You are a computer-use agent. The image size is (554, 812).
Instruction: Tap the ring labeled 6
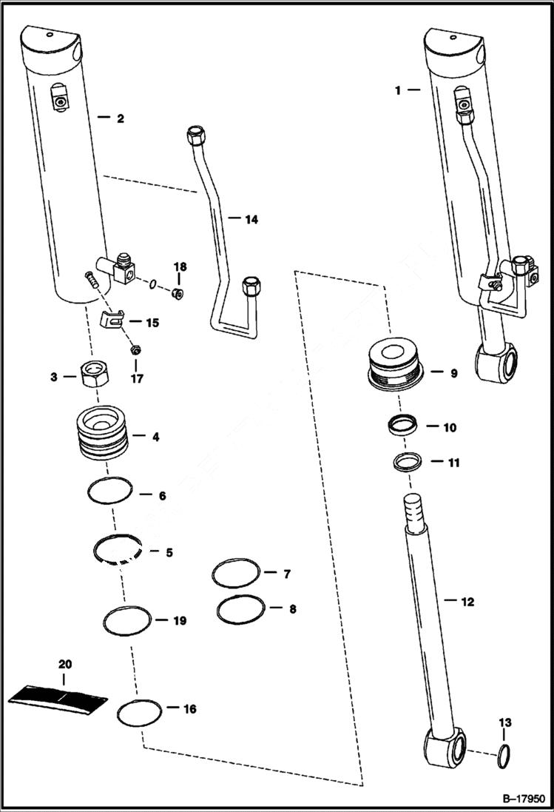coord(110,489)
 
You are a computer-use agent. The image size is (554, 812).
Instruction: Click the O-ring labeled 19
coord(127,620)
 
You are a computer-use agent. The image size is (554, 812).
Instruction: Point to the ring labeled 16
coord(138,713)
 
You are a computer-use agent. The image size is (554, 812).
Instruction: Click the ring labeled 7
coord(235,572)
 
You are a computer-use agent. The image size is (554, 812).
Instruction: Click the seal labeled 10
coord(404,427)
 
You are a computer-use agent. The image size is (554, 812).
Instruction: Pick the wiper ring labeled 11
coord(406,462)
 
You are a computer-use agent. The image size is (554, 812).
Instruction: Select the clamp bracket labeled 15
coord(111,321)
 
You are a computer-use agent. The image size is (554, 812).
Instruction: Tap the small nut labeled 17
coord(135,349)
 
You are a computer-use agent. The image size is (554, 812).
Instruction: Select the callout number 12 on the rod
coord(467,602)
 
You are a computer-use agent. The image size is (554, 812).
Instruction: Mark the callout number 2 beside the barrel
coord(119,118)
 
